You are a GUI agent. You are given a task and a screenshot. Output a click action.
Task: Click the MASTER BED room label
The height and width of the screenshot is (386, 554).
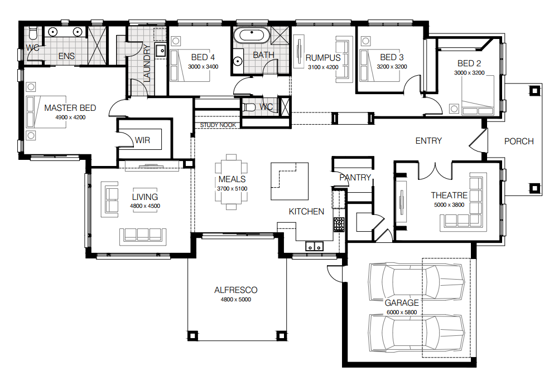[x=70, y=108]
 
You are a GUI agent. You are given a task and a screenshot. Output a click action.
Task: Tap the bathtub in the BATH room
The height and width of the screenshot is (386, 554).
[x=251, y=36]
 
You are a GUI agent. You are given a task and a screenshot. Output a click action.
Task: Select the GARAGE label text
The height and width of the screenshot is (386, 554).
[x=401, y=303]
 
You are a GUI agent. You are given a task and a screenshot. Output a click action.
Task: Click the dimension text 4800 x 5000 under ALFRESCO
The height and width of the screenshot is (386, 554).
[x=235, y=300]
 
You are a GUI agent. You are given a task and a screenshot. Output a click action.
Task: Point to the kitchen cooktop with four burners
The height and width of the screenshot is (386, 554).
[x=339, y=224]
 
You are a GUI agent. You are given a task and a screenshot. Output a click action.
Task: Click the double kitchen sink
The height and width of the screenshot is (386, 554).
[x=314, y=246]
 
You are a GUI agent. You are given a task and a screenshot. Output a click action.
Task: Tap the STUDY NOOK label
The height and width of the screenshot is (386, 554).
[x=218, y=125]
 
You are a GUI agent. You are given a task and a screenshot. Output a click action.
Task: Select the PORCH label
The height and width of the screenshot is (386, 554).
[x=519, y=141]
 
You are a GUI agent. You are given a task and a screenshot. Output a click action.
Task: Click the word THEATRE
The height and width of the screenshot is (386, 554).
[x=449, y=196]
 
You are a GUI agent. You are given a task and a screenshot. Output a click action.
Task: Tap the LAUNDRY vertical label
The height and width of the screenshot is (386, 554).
[x=147, y=63]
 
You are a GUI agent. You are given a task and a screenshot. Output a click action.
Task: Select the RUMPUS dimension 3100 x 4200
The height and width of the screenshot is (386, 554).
[x=323, y=67]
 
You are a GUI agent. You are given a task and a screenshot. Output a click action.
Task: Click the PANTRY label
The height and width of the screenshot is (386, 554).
[x=355, y=178]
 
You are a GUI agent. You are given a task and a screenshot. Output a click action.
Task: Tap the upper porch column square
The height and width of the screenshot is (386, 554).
[x=534, y=90]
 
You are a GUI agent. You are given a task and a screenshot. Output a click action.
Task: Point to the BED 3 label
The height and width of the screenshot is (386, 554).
[x=392, y=57]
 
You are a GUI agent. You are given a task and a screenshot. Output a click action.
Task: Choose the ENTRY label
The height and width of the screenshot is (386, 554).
[x=428, y=141]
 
